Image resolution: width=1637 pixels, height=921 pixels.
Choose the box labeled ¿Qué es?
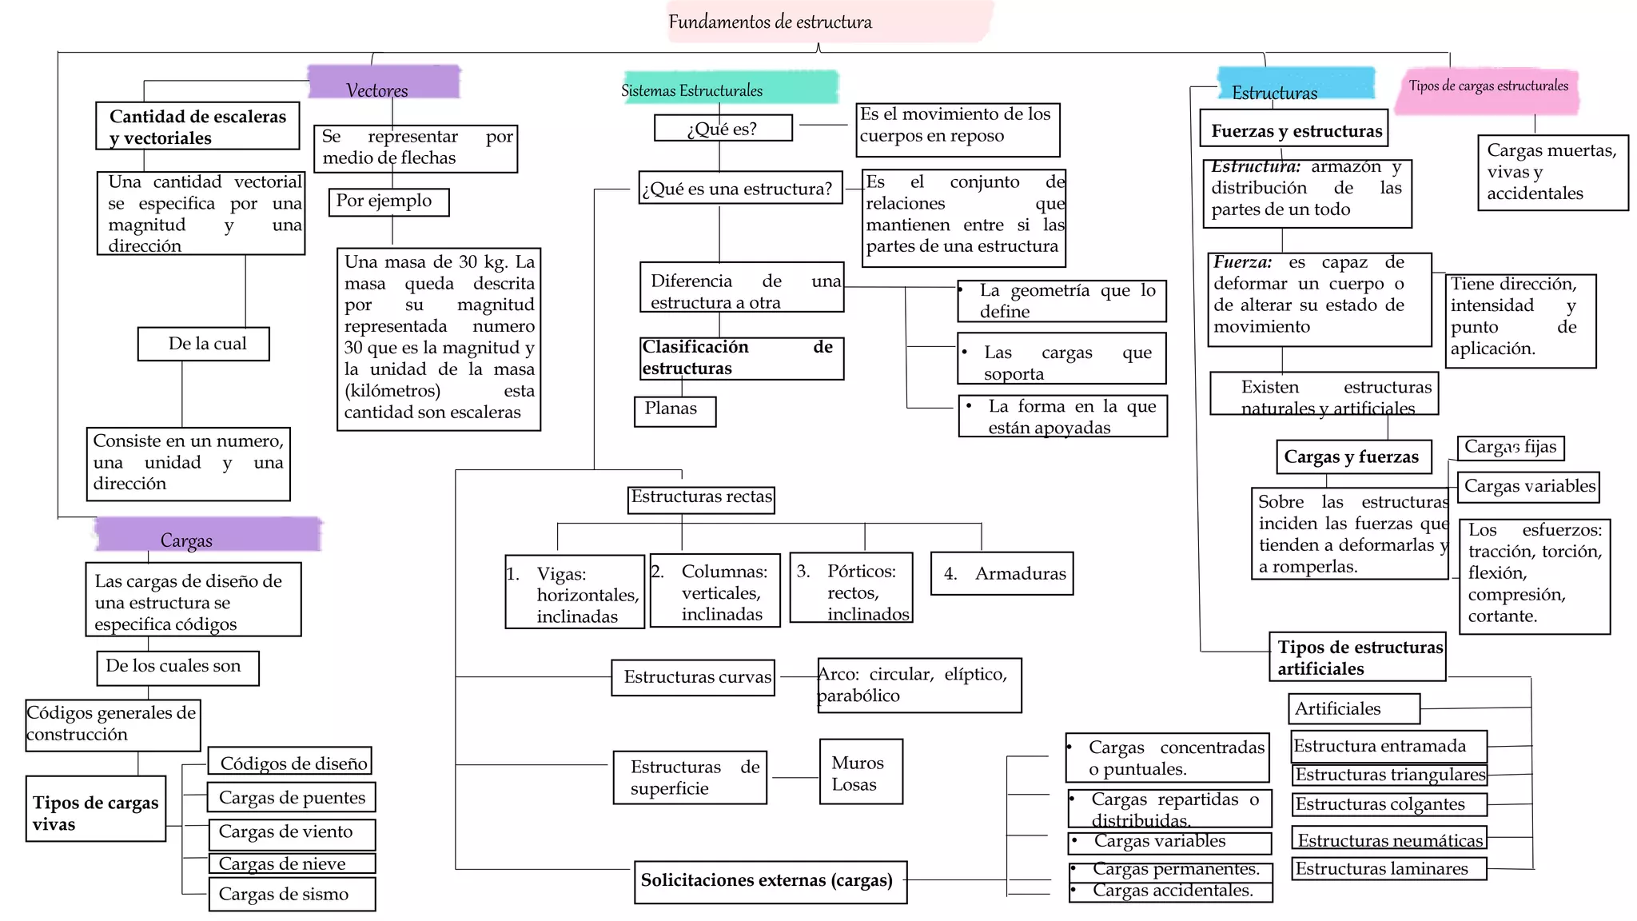723,129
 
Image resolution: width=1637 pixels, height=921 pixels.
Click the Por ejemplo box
388,201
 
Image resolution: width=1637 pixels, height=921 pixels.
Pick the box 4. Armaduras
1002,573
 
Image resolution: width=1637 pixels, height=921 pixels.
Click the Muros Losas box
861,771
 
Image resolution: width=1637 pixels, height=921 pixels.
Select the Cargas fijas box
1511,448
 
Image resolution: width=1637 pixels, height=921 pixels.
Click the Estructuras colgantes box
1388,804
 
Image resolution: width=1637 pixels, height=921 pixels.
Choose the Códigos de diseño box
291,762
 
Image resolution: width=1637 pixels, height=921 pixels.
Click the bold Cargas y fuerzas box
1352,457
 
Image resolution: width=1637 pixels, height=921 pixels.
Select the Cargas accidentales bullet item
1170,891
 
